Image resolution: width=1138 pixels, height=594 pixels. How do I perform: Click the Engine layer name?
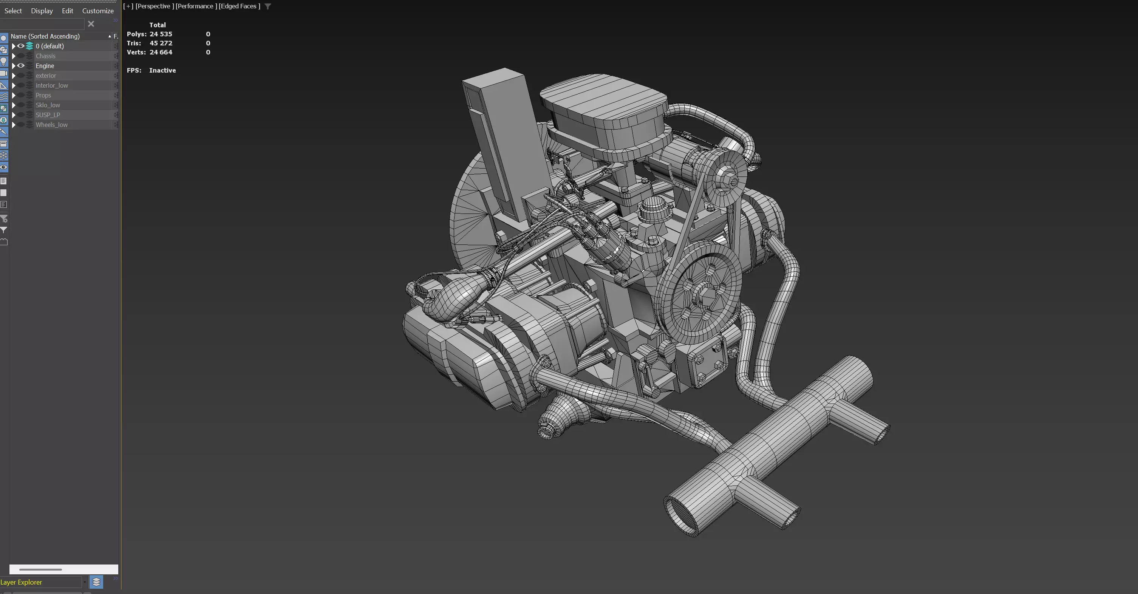[45, 66]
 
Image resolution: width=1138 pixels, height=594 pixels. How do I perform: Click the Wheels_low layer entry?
[51, 125]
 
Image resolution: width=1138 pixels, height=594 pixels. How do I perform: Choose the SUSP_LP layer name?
[48, 115]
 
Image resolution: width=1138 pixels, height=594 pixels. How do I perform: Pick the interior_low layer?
[52, 85]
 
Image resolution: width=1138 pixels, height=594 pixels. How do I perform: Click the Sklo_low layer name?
[48, 105]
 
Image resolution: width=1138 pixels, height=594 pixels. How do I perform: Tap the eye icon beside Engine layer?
[21, 66]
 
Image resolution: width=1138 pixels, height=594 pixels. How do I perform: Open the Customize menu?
[97, 11]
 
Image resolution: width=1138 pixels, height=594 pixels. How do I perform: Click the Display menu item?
[42, 11]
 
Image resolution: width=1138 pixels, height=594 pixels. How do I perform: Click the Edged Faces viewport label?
[239, 6]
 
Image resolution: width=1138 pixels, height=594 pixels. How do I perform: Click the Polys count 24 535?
[161, 34]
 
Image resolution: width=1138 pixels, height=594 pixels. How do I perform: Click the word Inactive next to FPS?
[162, 70]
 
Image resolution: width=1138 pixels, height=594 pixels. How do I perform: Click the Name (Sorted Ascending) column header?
[45, 36]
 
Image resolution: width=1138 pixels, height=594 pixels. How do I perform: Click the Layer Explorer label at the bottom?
[21, 582]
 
